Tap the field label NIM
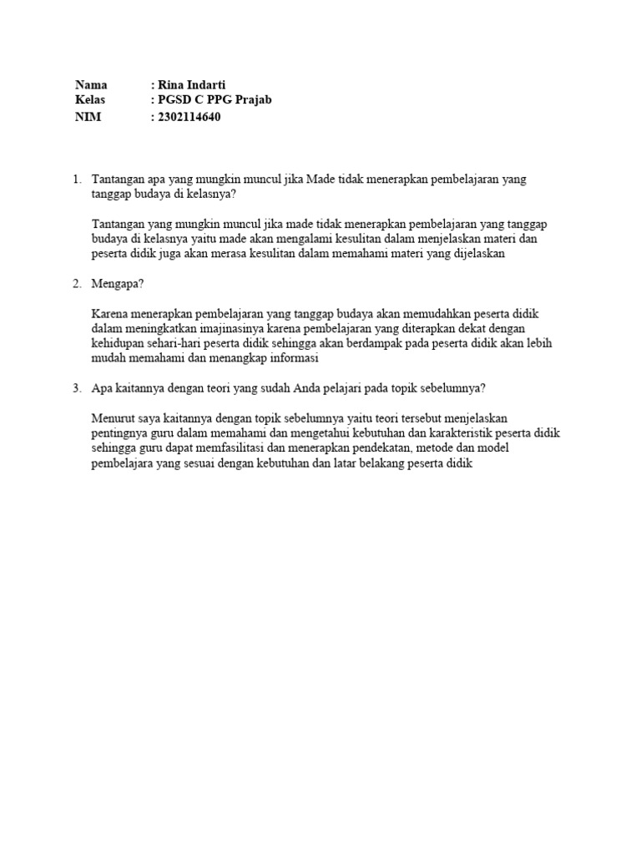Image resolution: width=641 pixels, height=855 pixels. click(88, 117)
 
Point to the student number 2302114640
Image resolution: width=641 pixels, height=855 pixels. click(189, 117)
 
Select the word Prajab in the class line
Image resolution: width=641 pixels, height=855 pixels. click(254, 100)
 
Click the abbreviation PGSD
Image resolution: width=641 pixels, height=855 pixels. click(174, 100)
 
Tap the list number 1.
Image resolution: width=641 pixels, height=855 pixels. click(76, 179)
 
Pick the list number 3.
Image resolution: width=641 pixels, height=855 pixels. click(76, 387)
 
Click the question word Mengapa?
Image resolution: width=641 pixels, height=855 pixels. click(118, 283)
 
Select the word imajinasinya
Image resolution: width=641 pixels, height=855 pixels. click(219, 328)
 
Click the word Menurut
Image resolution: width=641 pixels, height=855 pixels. click(114, 417)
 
